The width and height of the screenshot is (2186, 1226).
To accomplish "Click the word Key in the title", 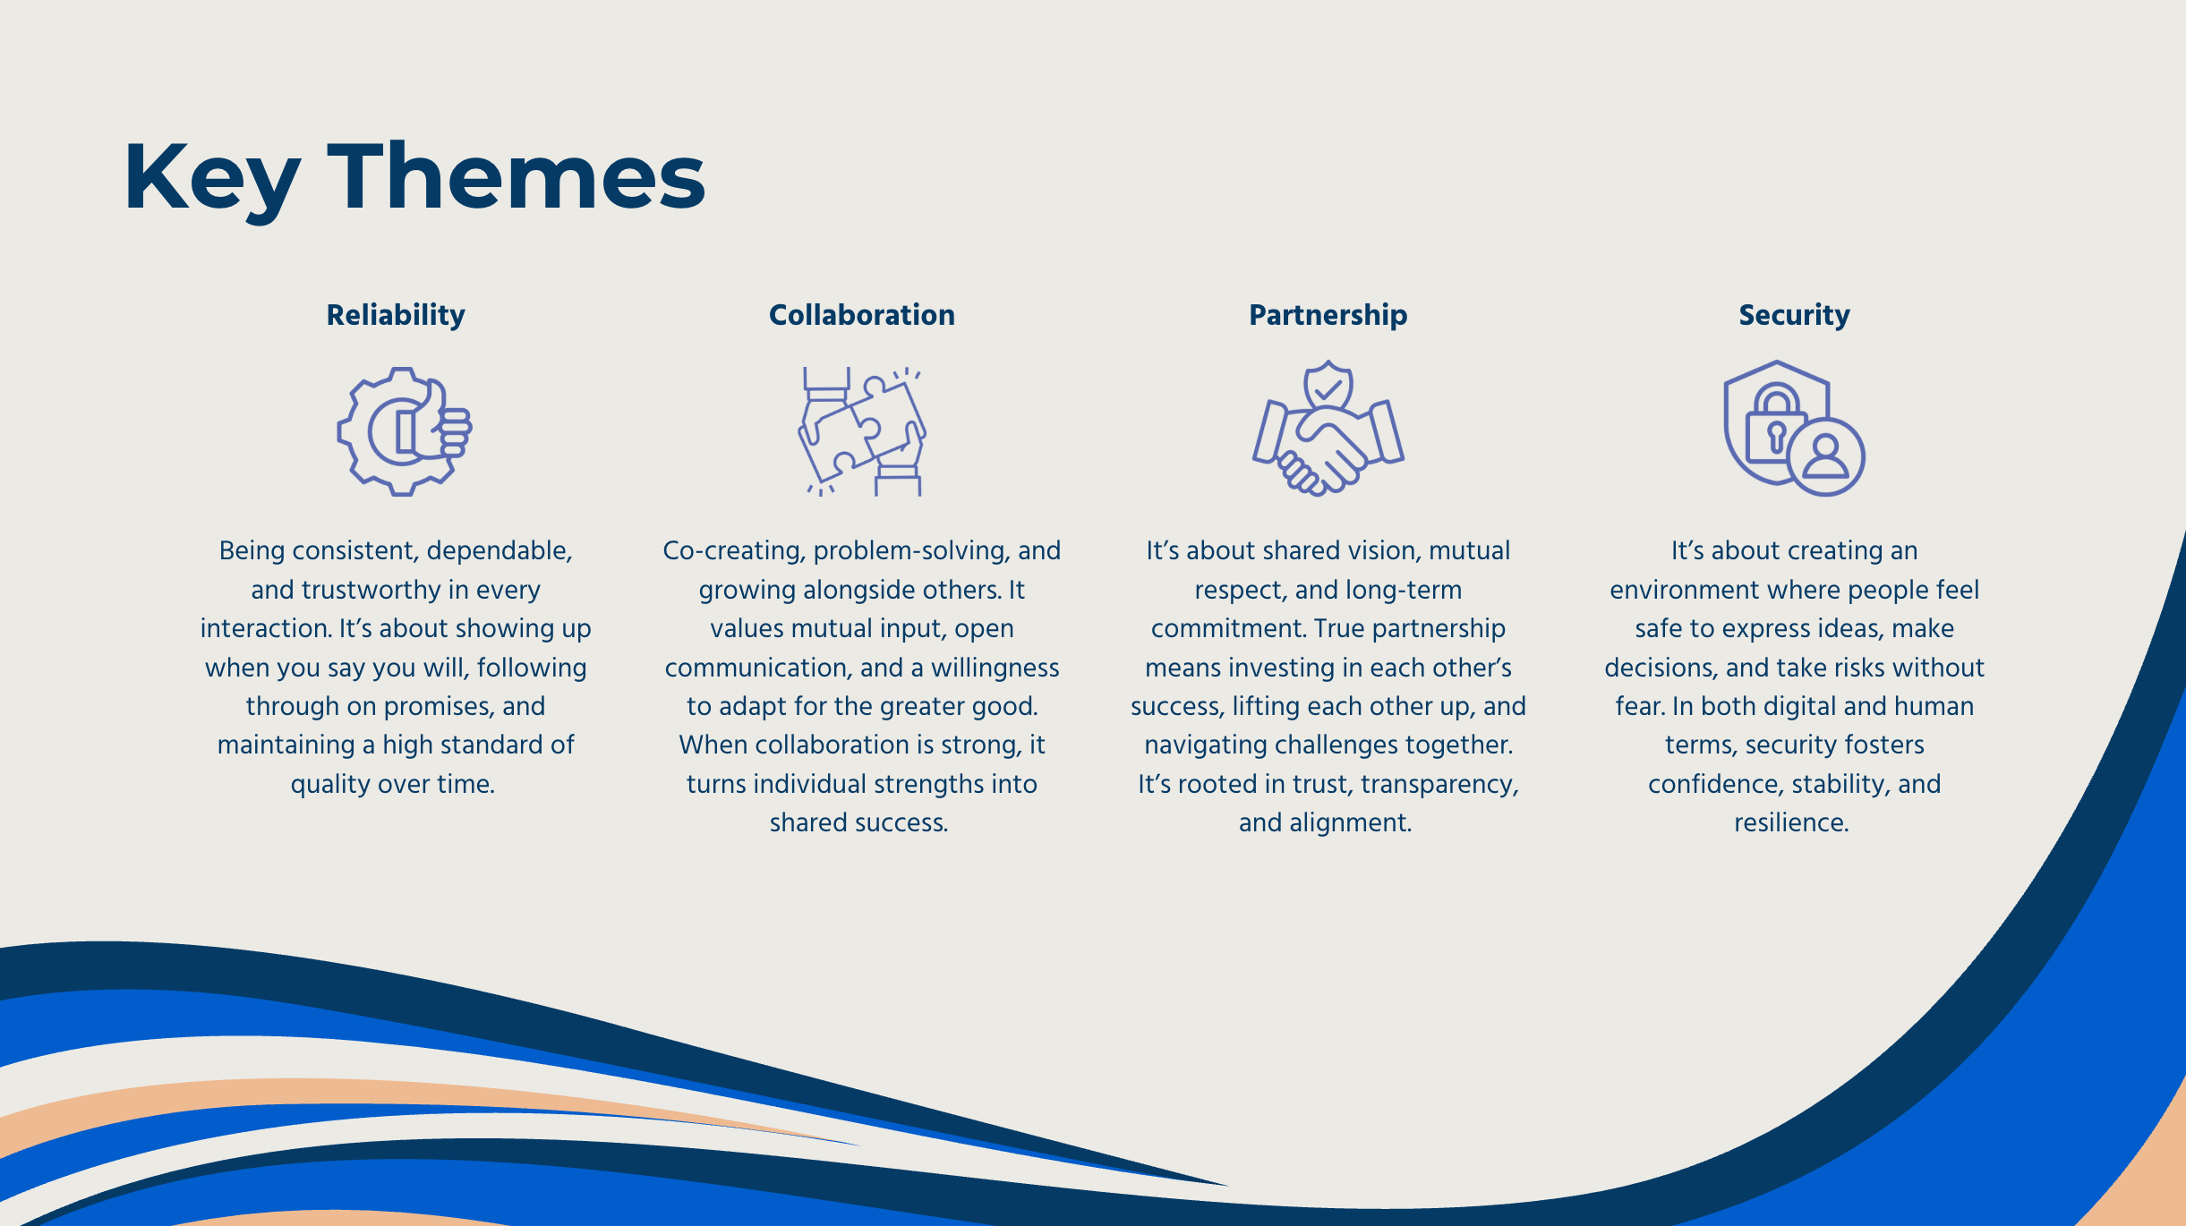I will [x=211, y=179].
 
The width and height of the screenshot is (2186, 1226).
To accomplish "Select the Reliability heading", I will [x=396, y=315].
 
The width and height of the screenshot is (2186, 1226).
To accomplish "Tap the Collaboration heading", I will [x=861, y=315].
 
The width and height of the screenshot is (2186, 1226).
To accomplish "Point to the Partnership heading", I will [x=1328, y=315].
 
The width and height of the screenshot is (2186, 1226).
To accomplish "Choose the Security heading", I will [x=1794, y=315].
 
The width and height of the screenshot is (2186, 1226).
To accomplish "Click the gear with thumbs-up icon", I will [x=404, y=430].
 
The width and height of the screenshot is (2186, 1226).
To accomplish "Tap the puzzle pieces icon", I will [x=862, y=430].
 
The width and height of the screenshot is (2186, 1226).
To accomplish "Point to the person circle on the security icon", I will [x=1826, y=456].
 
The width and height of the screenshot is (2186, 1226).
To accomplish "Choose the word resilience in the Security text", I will [x=1790, y=822].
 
